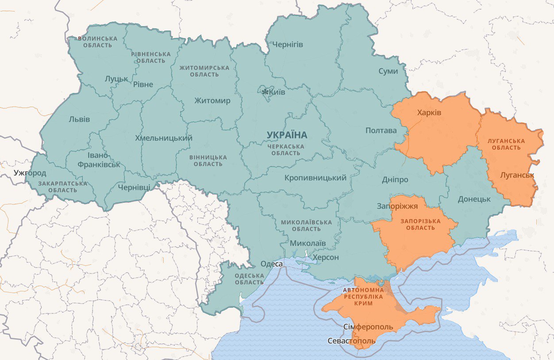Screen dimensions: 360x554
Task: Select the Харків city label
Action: click(429, 113)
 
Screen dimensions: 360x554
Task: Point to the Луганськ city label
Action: click(517, 175)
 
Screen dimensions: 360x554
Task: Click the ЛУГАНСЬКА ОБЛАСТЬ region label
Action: click(506, 144)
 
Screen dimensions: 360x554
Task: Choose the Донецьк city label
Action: click(474, 199)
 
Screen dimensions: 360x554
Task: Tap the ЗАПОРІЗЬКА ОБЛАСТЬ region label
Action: click(414, 225)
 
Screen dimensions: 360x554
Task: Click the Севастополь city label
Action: click(351, 341)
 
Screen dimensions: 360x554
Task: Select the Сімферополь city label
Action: click(368, 327)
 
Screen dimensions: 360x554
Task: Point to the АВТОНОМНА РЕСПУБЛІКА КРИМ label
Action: click(363, 297)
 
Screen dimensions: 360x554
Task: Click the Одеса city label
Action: click(271, 264)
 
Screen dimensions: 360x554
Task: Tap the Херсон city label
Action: click(326, 258)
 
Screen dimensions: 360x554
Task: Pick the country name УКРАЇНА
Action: click(287, 135)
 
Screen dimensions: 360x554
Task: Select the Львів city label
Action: click(79, 120)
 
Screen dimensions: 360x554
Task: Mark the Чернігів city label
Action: click(288, 45)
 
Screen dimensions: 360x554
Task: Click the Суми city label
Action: click(388, 71)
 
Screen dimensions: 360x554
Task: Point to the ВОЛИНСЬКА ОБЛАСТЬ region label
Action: click(97, 42)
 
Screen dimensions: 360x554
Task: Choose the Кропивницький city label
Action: click(315, 178)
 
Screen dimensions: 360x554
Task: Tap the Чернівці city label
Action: click(134, 187)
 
